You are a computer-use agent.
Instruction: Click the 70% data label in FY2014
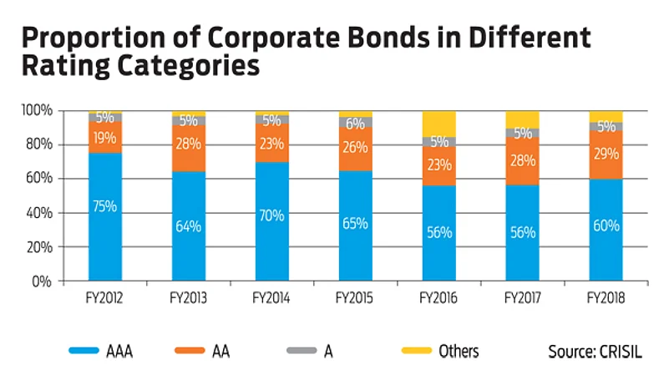point(272,215)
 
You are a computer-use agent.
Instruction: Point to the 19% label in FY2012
point(105,138)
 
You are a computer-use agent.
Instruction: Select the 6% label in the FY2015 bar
point(356,123)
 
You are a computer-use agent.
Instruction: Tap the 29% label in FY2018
point(606,155)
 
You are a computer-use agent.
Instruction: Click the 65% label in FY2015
point(356,224)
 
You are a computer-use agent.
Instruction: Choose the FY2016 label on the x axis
point(439,297)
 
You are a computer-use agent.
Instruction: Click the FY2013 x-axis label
point(189,297)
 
